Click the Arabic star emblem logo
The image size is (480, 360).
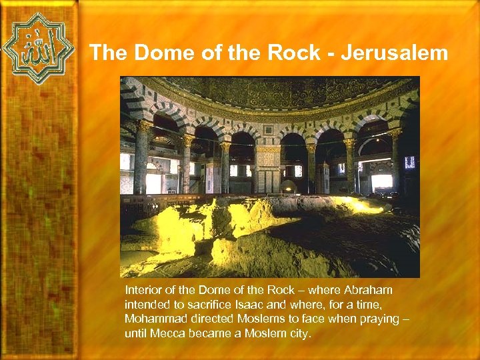point(37,48)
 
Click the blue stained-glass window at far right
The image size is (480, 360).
point(409,162)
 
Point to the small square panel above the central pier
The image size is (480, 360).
point(269,130)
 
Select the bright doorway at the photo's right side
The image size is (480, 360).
point(381,181)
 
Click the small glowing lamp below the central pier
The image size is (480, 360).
point(288,187)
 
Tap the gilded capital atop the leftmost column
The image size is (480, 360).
point(143,125)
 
